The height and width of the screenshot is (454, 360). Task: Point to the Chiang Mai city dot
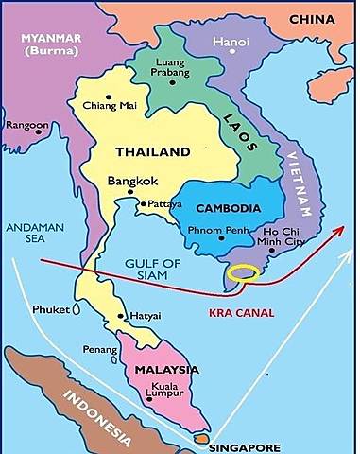click(110, 96)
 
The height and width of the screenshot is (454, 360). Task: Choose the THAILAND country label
click(152, 151)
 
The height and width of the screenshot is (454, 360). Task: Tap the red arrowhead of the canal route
click(339, 229)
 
